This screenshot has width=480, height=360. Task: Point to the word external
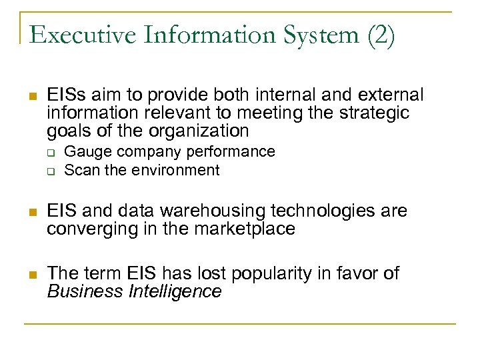[387, 95]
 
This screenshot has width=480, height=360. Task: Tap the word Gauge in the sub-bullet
[85, 153]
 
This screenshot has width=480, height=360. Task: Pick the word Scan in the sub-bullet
[81, 170]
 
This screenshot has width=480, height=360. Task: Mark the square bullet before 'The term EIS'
[31, 275]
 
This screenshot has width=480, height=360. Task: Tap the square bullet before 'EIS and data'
[31, 213]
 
